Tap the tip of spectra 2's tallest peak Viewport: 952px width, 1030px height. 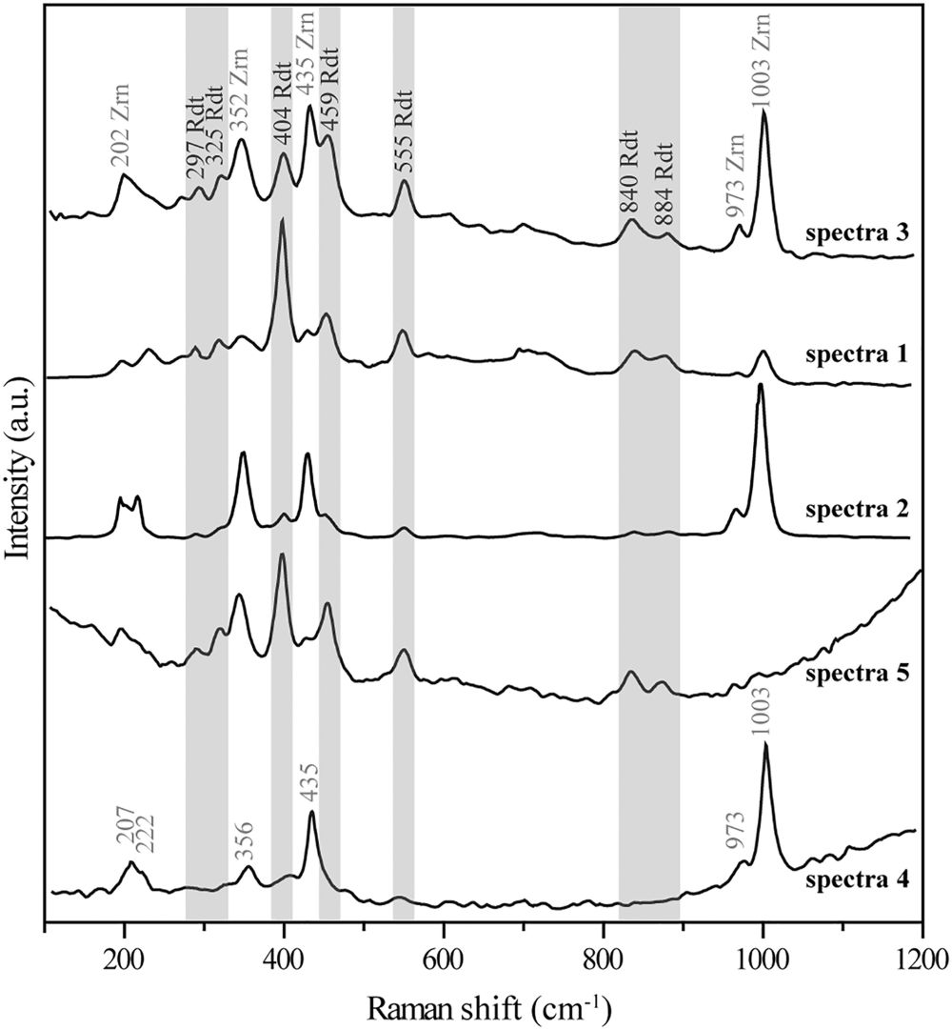click(760, 385)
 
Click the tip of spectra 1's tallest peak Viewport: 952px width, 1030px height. click(282, 220)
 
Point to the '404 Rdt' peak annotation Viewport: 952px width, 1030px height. click(283, 118)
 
